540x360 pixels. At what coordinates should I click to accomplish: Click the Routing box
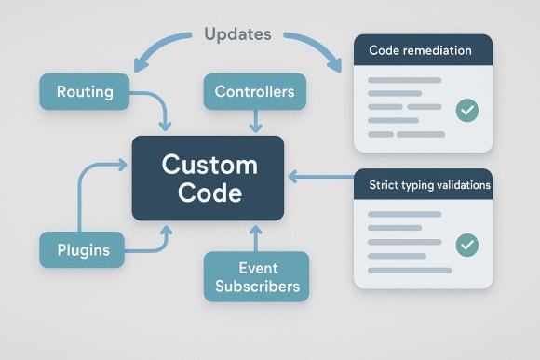85,92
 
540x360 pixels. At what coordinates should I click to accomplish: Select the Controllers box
254,92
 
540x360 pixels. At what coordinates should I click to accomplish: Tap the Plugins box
82,249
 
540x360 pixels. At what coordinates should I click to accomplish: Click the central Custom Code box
208,178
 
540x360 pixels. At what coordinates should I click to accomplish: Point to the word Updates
237,34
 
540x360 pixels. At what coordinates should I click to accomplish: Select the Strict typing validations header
424,185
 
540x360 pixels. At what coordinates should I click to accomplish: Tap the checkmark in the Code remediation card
466,111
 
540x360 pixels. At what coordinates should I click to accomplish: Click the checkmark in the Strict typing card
466,246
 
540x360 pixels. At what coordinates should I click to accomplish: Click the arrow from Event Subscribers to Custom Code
254,237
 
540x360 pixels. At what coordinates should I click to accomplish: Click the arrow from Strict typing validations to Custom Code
321,175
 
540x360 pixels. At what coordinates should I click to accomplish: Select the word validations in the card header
456,185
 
